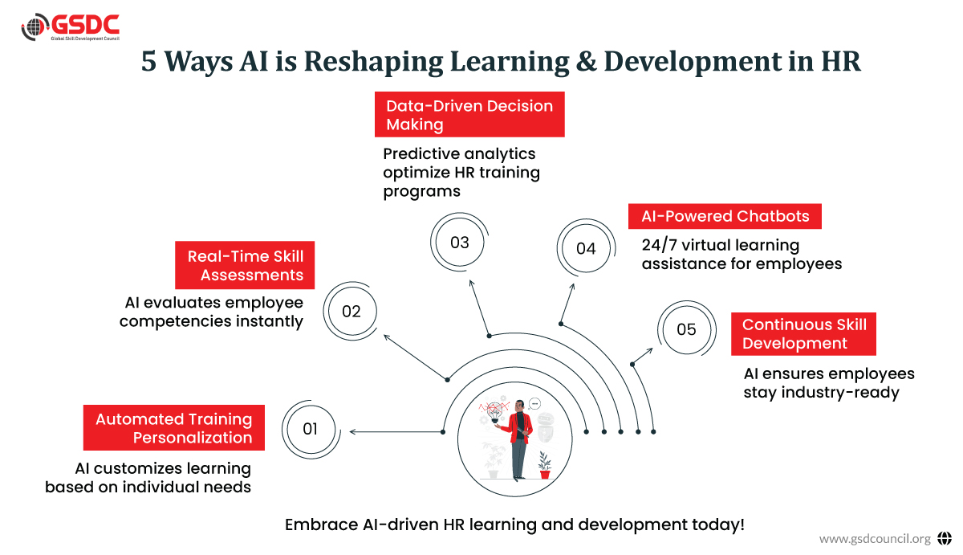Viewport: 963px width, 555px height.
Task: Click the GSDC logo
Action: (x=70, y=27)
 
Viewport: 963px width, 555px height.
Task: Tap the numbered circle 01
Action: (x=311, y=430)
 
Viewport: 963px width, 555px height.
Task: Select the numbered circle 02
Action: (x=351, y=311)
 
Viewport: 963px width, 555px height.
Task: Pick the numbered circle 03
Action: (x=459, y=243)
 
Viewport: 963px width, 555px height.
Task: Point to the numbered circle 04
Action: (x=586, y=248)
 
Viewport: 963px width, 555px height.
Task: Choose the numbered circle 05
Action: (x=687, y=329)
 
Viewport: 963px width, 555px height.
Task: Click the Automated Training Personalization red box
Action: (x=173, y=427)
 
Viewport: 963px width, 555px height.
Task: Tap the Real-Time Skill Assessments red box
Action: (x=245, y=265)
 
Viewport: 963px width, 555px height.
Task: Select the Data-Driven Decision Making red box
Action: (x=469, y=114)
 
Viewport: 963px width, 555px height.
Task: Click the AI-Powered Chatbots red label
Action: (x=725, y=216)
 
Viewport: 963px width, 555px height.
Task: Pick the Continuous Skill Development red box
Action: (x=803, y=334)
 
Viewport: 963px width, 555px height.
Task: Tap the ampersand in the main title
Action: (x=587, y=61)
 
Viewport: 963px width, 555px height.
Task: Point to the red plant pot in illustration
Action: (x=545, y=474)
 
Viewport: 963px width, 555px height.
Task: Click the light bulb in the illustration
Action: (x=494, y=411)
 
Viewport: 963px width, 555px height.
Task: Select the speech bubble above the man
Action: (x=534, y=403)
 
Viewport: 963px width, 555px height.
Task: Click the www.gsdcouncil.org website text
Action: (x=875, y=539)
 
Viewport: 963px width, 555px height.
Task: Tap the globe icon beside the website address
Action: (x=944, y=538)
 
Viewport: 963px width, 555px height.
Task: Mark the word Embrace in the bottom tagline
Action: (x=321, y=525)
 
